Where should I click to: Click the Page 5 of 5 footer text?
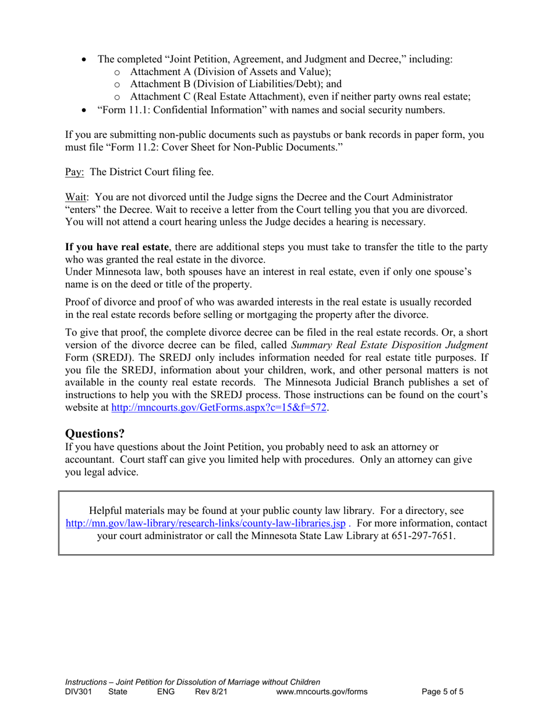pos(442,692)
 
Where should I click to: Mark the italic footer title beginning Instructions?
pos(193,682)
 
